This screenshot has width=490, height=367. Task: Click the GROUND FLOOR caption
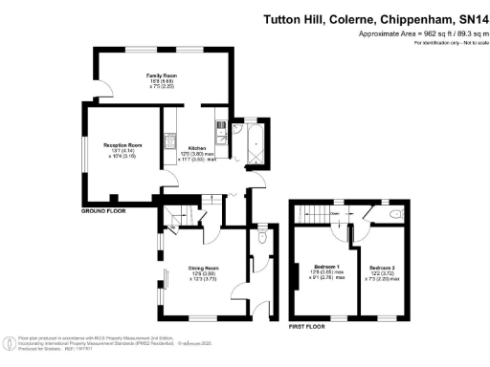coord(105,210)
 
